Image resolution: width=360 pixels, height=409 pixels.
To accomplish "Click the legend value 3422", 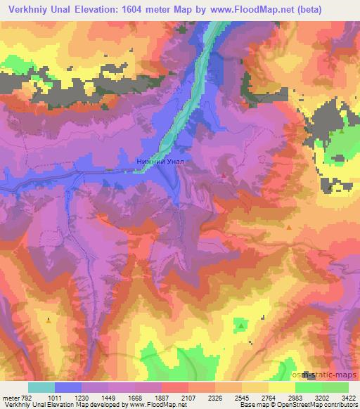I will [x=349, y=398].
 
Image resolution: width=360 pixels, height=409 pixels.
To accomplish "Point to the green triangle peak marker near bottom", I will [x=241, y=325].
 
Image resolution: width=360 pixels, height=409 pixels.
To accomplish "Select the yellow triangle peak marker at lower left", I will [x=48, y=320].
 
